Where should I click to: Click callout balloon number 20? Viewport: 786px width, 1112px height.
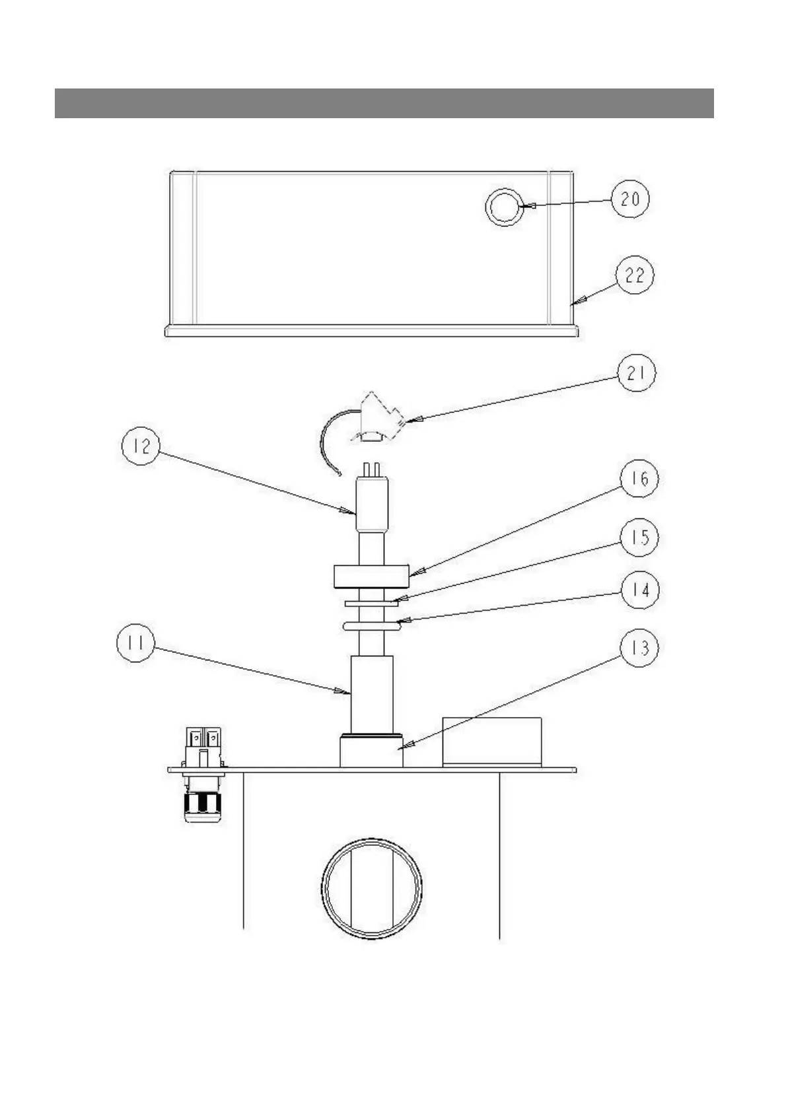tap(630, 199)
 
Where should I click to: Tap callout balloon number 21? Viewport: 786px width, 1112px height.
tap(637, 374)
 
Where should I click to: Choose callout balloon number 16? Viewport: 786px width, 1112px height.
tap(638, 479)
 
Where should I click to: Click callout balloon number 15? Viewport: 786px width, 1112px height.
tap(639, 537)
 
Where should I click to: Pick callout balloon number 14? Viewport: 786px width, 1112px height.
tap(639, 590)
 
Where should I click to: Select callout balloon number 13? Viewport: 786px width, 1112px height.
tap(639, 648)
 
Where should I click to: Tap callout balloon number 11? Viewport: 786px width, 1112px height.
tap(135, 643)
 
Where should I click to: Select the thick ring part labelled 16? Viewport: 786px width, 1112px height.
tap(372, 576)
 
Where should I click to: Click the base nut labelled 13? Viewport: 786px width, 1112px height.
tap(371, 751)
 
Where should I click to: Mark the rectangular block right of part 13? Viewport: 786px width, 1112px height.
tap(491, 742)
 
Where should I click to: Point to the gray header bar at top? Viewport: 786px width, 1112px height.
tap(384, 103)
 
